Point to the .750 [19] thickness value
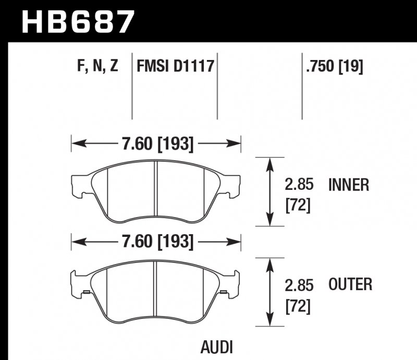click(x=335, y=66)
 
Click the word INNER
click(x=349, y=185)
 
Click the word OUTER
click(x=350, y=284)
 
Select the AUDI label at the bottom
click(x=216, y=346)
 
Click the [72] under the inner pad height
click(x=298, y=206)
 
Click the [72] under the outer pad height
click(x=298, y=307)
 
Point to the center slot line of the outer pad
click(x=156, y=287)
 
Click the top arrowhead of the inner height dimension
click(x=269, y=163)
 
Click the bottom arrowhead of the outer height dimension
click(x=269, y=321)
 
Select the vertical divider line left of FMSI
click(x=132, y=86)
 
